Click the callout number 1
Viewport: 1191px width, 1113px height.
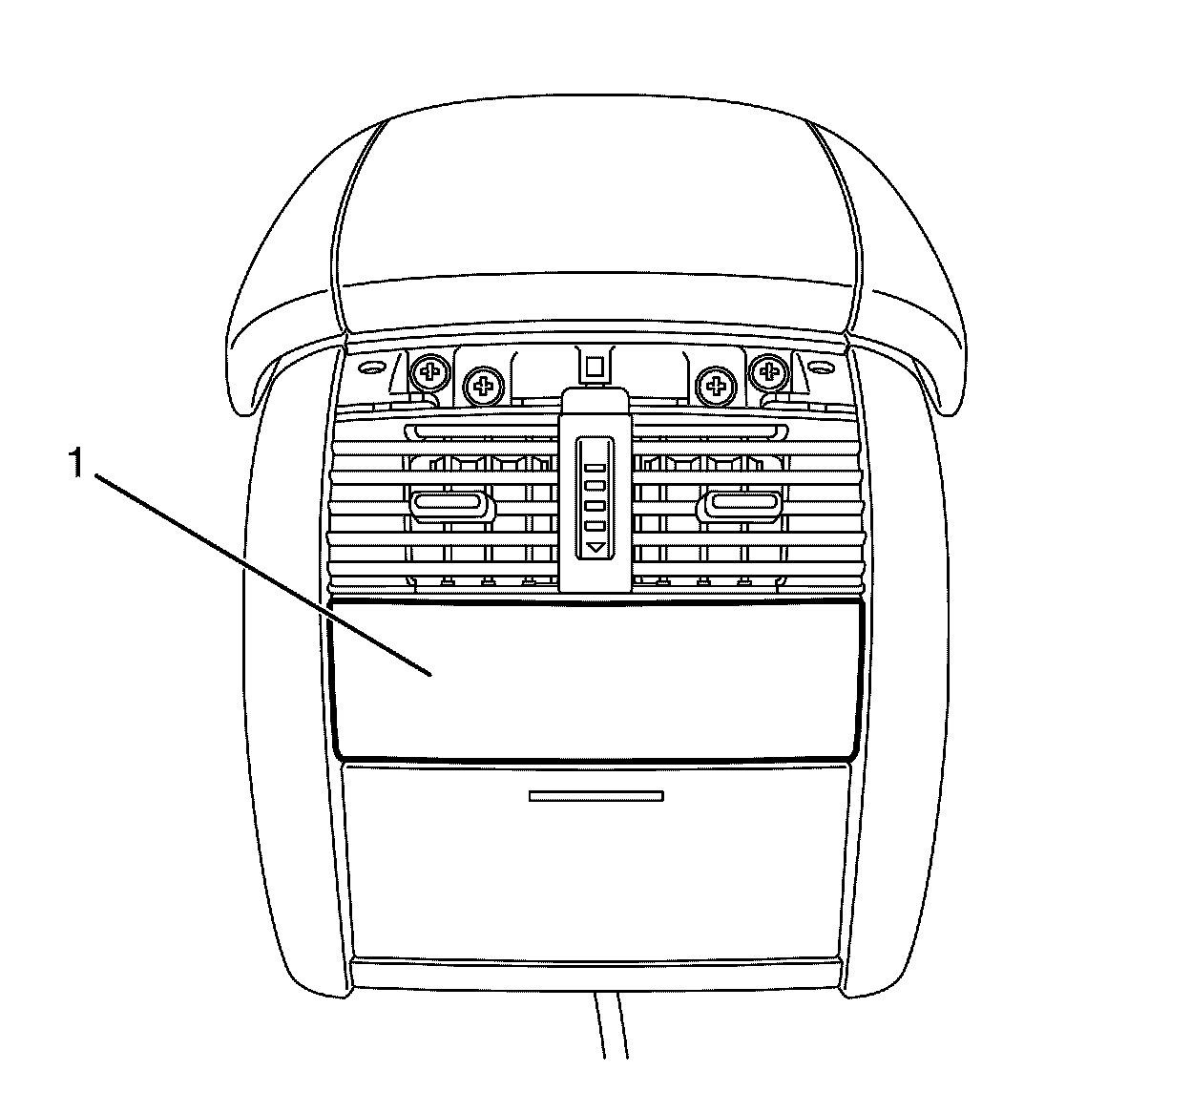[77, 465]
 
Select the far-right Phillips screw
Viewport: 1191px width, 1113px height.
[766, 370]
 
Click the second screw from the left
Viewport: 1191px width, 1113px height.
[484, 386]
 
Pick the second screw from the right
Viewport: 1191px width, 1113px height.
[714, 386]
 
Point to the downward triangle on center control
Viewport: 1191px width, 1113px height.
[595, 549]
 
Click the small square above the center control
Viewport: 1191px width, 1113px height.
[595, 366]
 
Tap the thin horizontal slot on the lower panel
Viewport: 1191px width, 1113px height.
[595, 795]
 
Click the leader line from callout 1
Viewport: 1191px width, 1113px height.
[267, 573]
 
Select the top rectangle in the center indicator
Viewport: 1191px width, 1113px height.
[595, 469]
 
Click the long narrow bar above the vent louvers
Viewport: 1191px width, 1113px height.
[596, 432]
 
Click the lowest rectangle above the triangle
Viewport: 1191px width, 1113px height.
[595, 526]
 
